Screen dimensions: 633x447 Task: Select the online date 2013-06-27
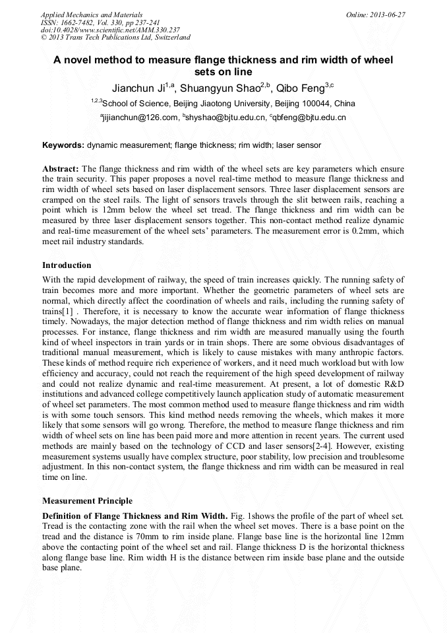pos(390,14)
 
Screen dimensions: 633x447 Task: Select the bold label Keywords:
pos(63,145)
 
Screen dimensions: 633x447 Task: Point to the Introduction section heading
pos(67,265)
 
